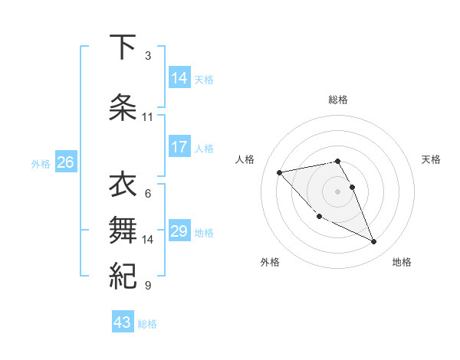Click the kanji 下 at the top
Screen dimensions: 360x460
[122, 48]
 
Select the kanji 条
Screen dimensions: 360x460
[122, 106]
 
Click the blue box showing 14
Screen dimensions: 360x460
[179, 77]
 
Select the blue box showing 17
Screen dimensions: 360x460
[179, 147]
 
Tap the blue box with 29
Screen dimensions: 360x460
[179, 231]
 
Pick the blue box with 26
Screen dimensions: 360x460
[65, 162]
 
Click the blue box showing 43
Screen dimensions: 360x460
[123, 322]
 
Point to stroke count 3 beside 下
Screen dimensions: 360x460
[147, 55]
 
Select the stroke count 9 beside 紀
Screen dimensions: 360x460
[147, 286]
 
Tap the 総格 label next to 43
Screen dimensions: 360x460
[147, 324]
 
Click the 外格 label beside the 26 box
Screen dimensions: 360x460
[41, 163]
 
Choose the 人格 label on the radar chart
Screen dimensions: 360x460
[246, 159]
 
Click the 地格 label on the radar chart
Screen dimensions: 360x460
[402, 262]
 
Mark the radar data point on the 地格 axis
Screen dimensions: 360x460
[374, 242]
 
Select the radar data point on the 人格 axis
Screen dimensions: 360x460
[280, 172]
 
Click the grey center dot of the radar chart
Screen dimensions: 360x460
[337, 190]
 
